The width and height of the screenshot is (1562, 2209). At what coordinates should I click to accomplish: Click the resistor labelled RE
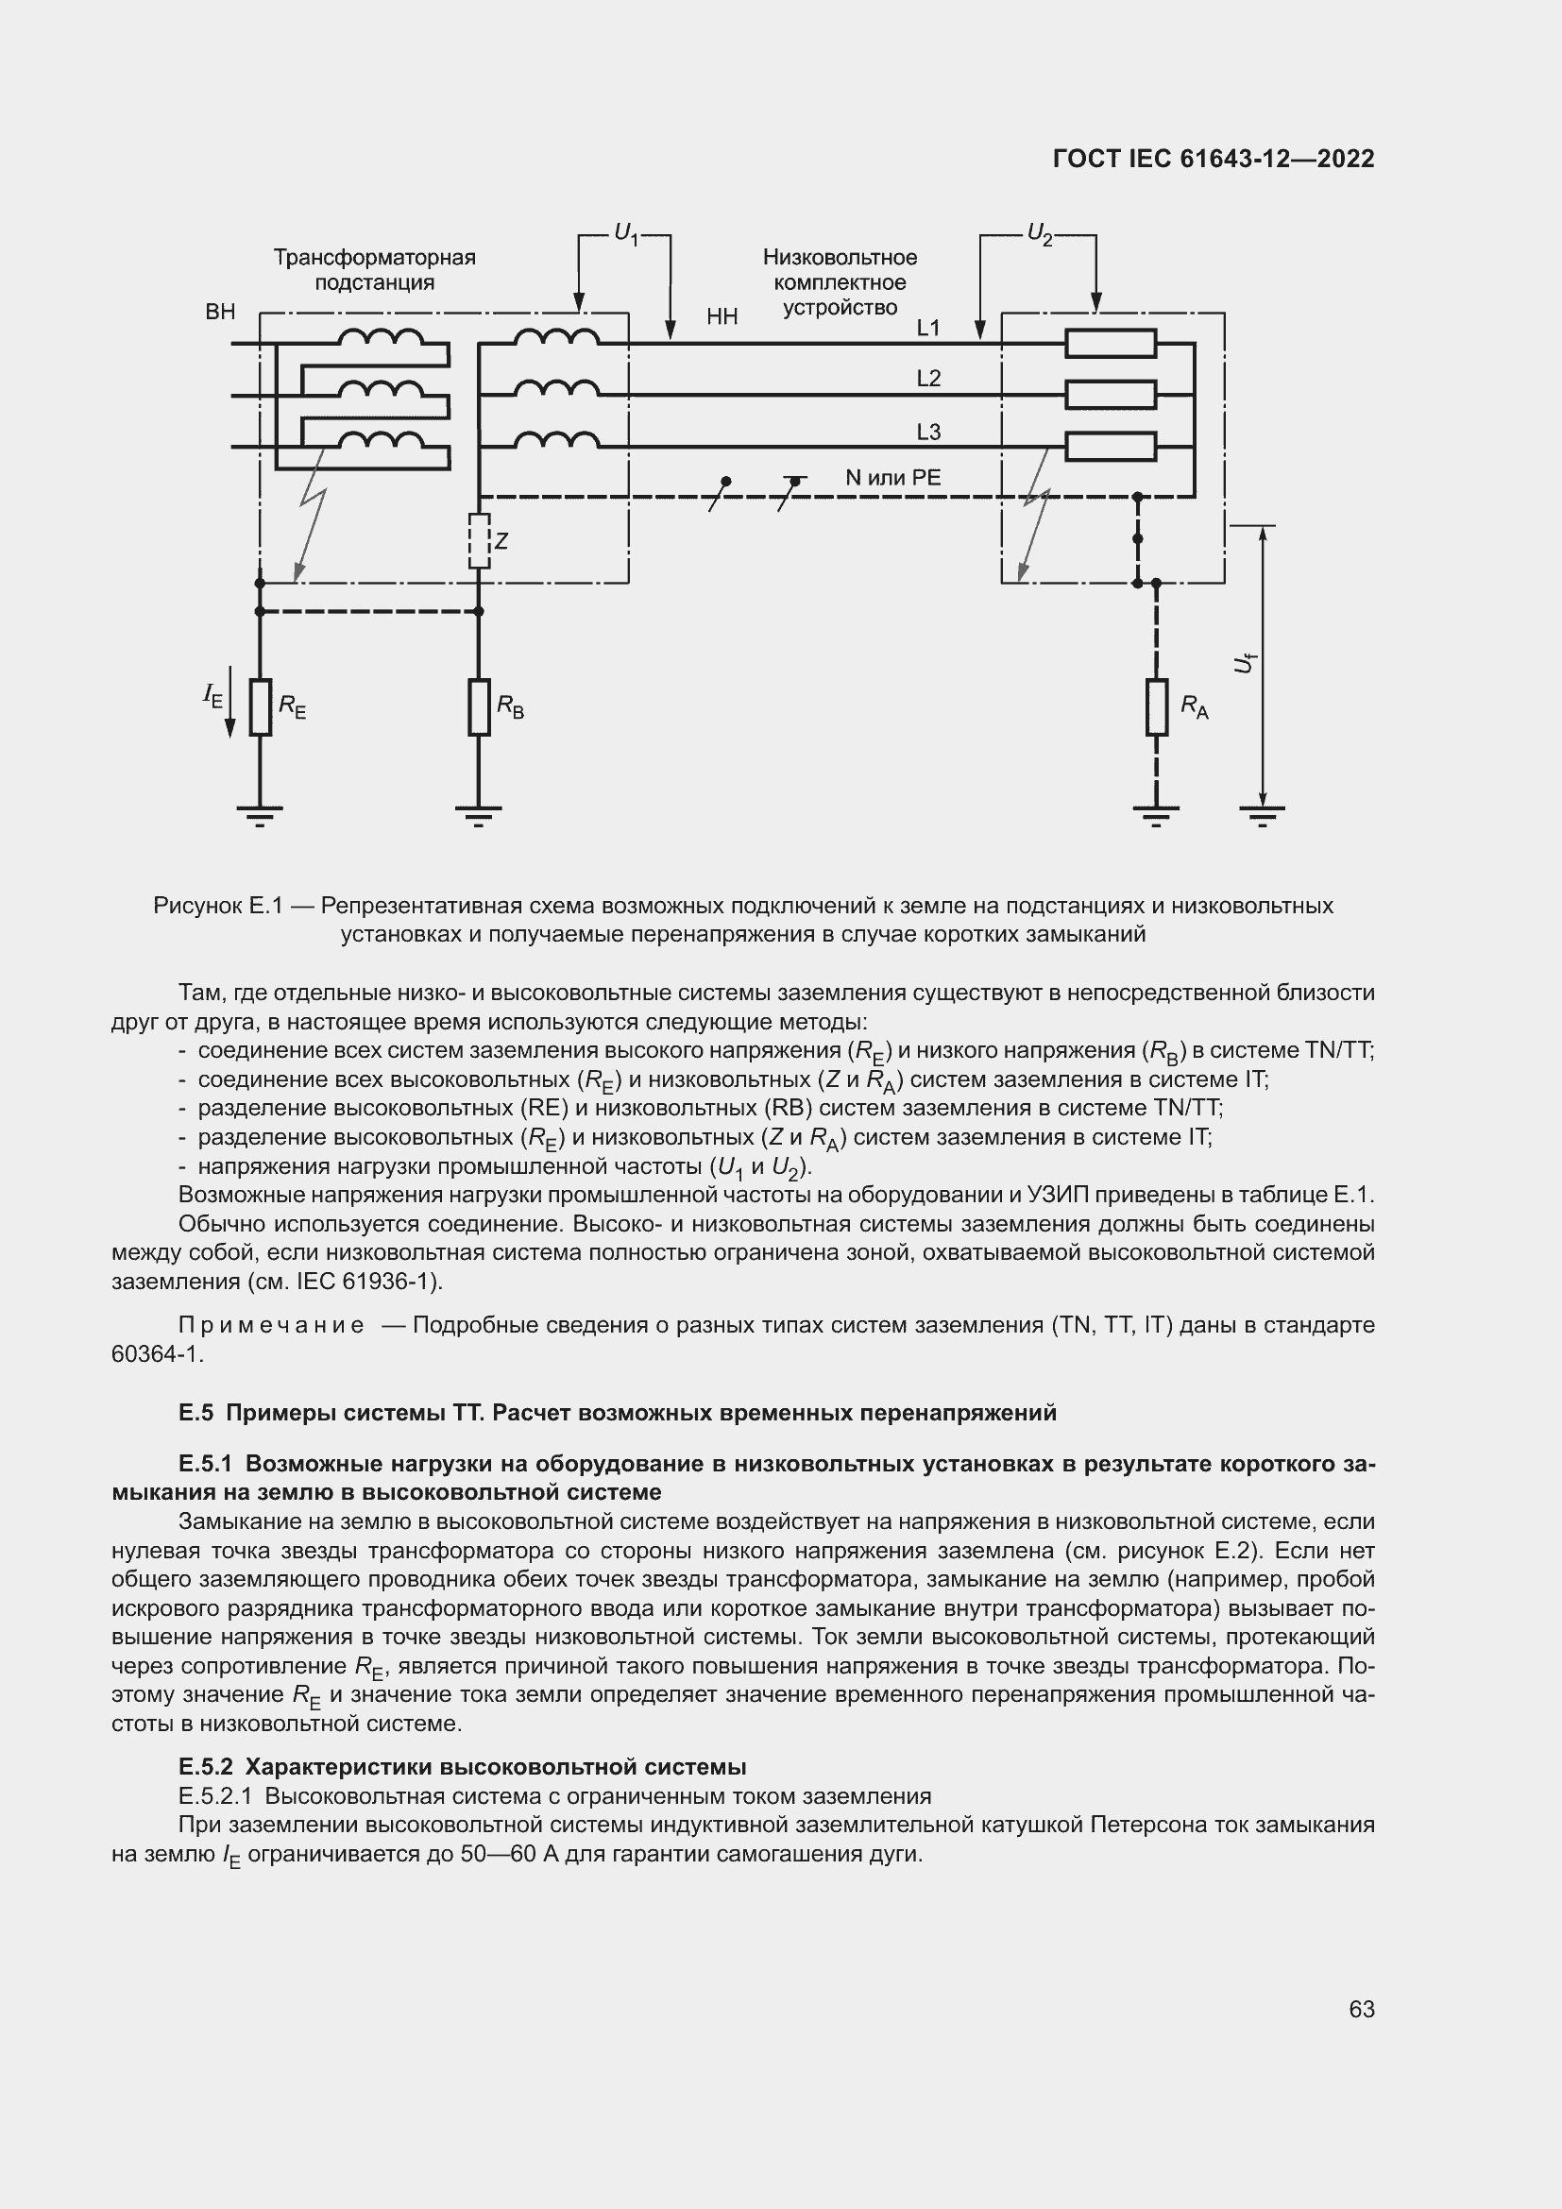point(260,707)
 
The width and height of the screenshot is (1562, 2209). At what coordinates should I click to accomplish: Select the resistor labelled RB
point(479,707)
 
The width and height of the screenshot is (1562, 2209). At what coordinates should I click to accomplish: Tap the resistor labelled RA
point(1157,707)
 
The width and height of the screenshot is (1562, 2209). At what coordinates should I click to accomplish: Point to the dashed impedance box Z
point(479,541)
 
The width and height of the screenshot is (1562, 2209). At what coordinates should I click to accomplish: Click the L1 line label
point(928,328)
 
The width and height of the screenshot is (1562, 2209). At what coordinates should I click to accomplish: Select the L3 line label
point(928,432)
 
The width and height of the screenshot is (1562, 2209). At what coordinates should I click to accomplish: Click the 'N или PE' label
point(892,477)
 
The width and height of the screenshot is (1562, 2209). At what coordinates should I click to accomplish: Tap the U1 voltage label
point(626,233)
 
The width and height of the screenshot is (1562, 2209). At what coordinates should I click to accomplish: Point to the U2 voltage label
point(1040,233)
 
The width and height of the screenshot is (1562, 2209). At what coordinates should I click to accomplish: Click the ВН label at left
point(220,312)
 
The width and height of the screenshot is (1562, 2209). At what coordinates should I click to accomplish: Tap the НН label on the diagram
point(722,316)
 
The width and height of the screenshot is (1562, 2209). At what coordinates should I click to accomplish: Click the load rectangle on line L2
point(1110,395)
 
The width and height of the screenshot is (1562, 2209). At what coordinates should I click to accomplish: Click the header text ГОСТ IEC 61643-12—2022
point(1213,159)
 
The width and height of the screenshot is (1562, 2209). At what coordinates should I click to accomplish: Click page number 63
point(1361,2009)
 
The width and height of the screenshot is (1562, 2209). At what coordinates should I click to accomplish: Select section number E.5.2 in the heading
point(206,1766)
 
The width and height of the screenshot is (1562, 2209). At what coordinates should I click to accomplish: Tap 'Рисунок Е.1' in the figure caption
point(216,906)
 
